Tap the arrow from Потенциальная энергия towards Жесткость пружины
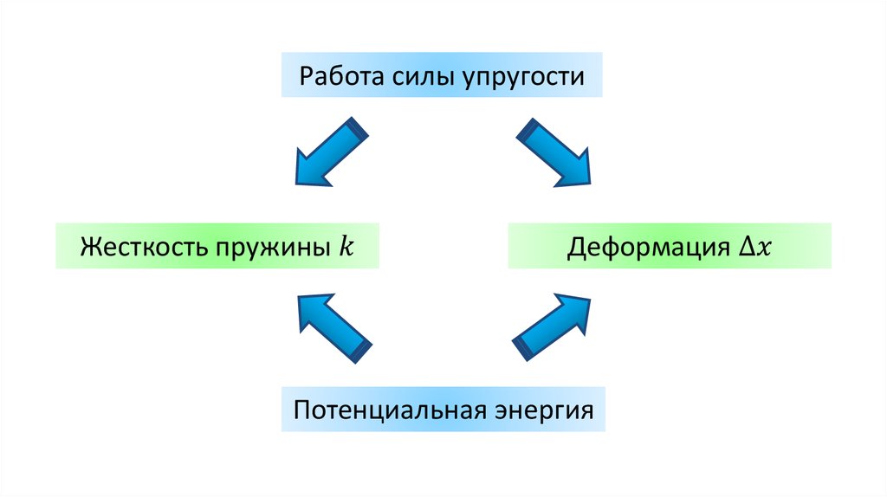point(333,326)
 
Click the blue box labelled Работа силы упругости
point(442,75)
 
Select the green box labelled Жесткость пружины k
point(217,247)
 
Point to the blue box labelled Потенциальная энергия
point(442,409)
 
